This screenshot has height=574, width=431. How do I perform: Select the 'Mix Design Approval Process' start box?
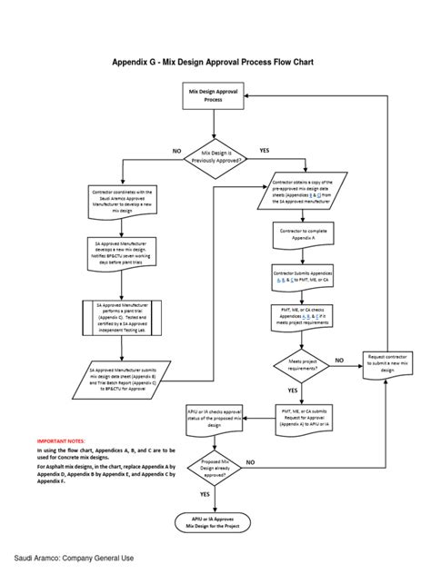[214, 96]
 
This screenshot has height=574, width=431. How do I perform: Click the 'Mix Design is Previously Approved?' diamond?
[215, 157]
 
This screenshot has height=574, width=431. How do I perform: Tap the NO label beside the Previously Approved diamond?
[177, 150]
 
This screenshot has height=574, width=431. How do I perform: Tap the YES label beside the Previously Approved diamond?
[264, 150]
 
